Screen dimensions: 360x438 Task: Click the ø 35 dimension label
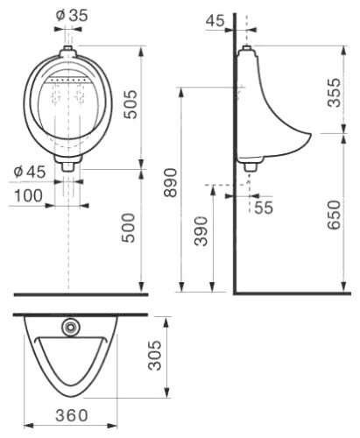72,15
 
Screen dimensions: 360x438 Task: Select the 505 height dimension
131,104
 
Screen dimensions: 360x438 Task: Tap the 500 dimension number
129,228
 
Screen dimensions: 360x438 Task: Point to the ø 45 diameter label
30,172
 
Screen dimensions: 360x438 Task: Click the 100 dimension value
28,195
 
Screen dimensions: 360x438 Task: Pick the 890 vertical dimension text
170,183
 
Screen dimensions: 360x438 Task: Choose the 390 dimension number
201,231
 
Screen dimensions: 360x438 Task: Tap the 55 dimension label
264,208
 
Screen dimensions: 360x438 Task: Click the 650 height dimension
334,215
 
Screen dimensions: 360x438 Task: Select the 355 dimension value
334,93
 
